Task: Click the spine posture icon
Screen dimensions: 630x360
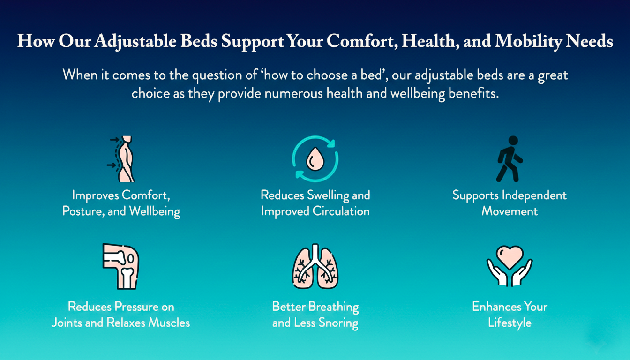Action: [121, 159]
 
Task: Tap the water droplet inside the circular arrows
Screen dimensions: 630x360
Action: [315, 159]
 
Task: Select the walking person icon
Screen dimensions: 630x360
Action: [510, 159]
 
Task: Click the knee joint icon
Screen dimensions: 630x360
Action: [121, 266]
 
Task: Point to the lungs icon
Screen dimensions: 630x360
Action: [315, 266]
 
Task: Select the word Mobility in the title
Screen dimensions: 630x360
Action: [528, 42]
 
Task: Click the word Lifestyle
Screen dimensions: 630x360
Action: [510, 323]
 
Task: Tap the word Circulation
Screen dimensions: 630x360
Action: [341, 211]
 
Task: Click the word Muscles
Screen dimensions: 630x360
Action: [169, 322]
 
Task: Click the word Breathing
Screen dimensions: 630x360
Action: [334, 307]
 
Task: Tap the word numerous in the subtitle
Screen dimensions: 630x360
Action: [293, 93]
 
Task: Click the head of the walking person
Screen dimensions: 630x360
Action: [513, 141]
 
